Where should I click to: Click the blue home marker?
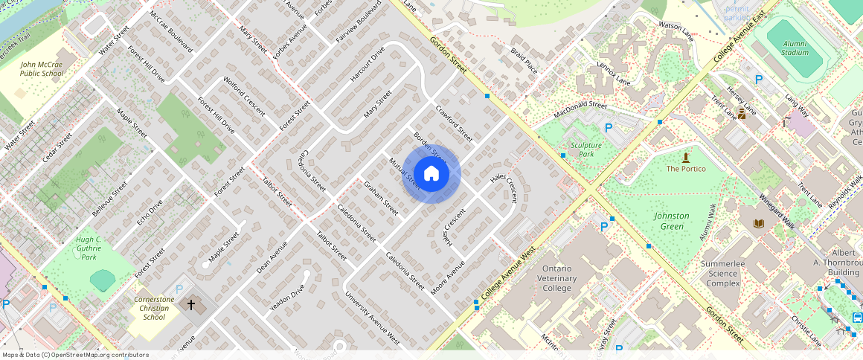click(431, 174)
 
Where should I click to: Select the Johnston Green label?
click(671, 221)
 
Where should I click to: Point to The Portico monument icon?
click(685, 157)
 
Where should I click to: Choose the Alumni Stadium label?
click(795, 48)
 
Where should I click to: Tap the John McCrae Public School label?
click(42, 69)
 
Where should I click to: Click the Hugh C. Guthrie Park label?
click(89, 248)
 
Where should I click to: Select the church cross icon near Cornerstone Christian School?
click(191, 305)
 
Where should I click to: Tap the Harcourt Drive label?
click(367, 64)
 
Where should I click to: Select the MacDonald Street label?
click(580, 110)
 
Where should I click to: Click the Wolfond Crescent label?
click(244, 95)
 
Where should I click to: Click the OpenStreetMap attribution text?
click(74, 355)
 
